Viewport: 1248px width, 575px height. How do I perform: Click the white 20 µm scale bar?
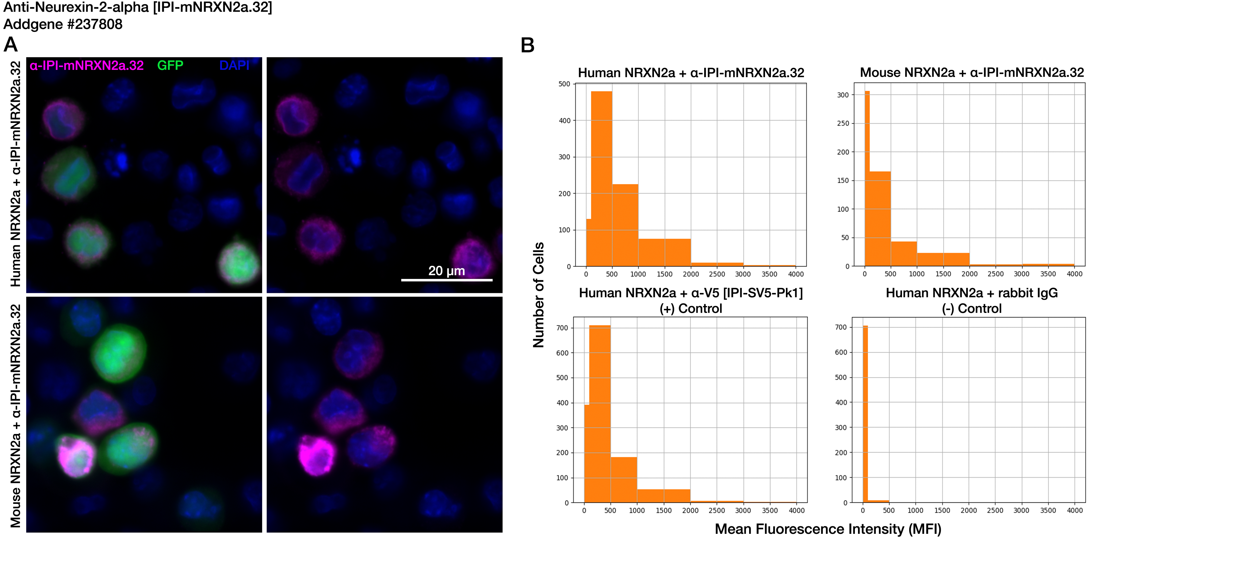[x=447, y=280]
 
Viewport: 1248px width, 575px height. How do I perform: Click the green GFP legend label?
[x=170, y=66]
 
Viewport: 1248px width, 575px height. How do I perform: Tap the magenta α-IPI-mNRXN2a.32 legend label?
[x=87, y=66]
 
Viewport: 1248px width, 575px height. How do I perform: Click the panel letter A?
[x=11, y=45]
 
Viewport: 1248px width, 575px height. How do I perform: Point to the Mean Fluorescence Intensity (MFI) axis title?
[x=828, y=529]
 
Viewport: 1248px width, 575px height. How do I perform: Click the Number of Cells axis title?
[x=539, y=295]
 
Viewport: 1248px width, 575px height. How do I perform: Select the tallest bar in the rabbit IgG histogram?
[x=865, y=414]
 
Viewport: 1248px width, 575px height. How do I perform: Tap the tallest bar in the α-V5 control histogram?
[x=600, y=414]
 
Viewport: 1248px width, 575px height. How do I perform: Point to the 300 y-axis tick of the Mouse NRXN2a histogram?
[x=843, y=95]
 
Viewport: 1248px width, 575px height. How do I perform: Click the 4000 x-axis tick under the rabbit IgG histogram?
[x=1075, y=510]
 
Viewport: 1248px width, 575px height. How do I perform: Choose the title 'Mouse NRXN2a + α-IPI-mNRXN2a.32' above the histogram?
[x=972, y=73]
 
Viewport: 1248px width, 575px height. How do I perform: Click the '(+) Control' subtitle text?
[x=690, y=309]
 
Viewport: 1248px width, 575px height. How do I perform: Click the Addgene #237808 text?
[x=63, y=24]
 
